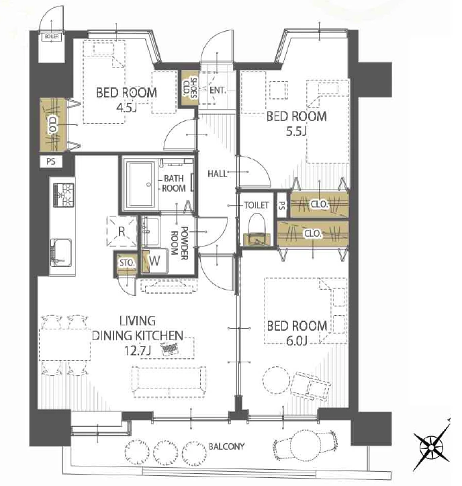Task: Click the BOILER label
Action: (x=52, y=36)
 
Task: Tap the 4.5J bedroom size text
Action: (x=126, y=108)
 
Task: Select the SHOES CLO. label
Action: (x=189, y=87)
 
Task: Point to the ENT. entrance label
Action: (x=218, y=90)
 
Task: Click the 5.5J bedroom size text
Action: (x=296, y=132)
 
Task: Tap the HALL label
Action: (x=217, y=173)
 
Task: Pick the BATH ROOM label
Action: (x=174, y=184)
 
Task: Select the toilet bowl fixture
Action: (x=257, y=230)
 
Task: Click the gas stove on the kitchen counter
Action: (x=64, y=195)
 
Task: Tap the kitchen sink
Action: (x=61, y=252)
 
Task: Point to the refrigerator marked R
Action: (x=122, y=231)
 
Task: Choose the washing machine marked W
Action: (x=154, y=261)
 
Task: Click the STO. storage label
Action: (x=127, y=263)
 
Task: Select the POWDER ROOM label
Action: (x=179, y=243)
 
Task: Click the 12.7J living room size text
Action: (x=137, y=351)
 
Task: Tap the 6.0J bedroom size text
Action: (x=296, y=341)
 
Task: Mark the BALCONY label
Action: (x=227, y=446)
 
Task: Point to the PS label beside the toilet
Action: (x=282, y=206)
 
